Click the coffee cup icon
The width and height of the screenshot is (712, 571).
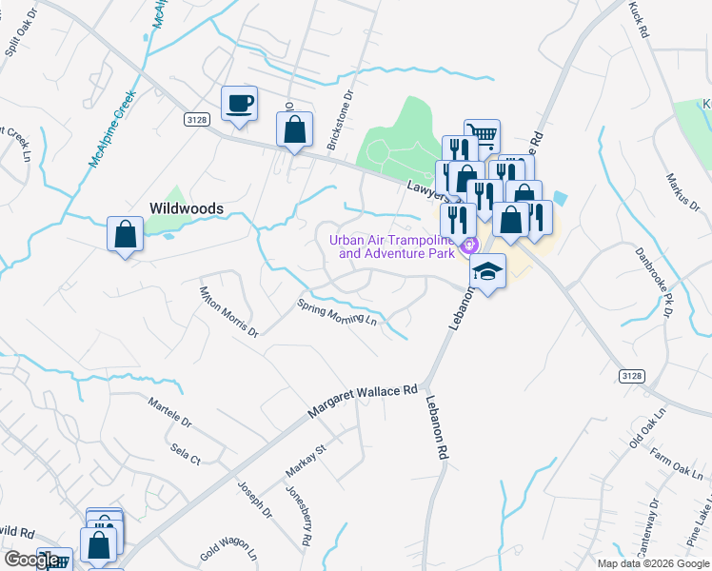click(239, 102)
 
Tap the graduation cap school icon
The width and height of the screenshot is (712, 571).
click(488, 271)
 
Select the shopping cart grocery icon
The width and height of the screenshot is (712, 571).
click(483, 136)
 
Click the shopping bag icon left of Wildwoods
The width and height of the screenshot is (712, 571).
click(126, 233)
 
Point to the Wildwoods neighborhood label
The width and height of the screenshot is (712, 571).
click(186, 207)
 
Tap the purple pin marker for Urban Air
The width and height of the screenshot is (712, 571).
click(467, 246)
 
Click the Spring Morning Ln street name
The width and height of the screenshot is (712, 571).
click(337, 312)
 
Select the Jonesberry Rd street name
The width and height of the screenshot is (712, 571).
click(299, 515)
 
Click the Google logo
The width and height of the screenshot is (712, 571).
click(31, 560)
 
